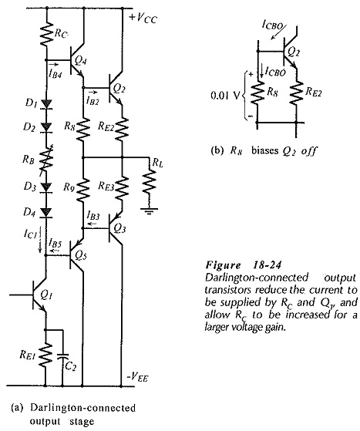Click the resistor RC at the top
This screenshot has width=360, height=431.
click(x=46, y=35)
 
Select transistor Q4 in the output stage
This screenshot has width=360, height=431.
click(x=76, y=61)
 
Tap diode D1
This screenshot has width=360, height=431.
click(x=46, y=104)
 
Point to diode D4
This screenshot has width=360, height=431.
click(x=46, y=213)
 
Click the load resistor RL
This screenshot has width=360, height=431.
click(x=150, y=182)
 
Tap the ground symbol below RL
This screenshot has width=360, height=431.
click(x=150, y=211)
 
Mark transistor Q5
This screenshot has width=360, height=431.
click(x=76, y=255)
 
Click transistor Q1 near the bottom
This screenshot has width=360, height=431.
click(x=39, y=295)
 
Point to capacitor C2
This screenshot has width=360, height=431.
click(x=63, y=356)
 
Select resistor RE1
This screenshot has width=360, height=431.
click(x=45, y=355)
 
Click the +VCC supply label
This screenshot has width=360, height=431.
click(x=143, y=19)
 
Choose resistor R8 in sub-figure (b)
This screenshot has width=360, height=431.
click(x=257, y=93)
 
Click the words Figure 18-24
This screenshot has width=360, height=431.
click(x=244, y=265)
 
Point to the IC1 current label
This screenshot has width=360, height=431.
click(x=29, y=234)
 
